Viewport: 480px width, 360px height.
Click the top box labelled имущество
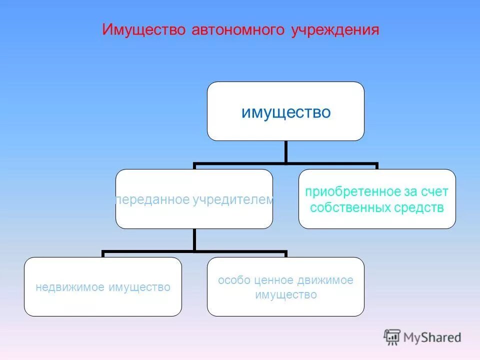[286, 111]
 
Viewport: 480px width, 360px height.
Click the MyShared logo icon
[392, 337]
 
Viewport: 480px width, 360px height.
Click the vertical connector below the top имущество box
[285, 151]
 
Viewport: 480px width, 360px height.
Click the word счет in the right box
[435, 192]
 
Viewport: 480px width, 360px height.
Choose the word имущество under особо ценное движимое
[286, 295]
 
